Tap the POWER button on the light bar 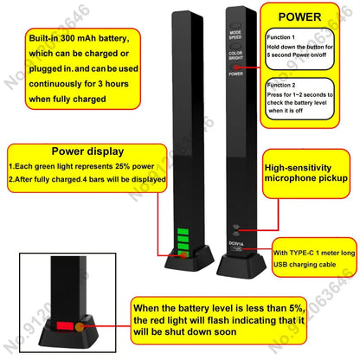[235, 74]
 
